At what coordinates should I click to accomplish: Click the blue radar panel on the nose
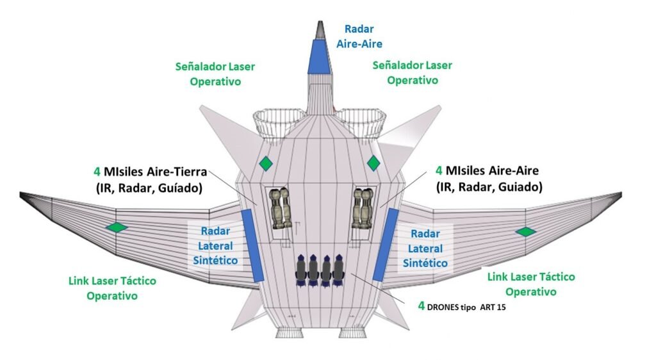tap(318, 55)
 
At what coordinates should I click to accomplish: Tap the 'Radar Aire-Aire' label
tap(359, 37)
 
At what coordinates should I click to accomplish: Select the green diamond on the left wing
tap(117, 227)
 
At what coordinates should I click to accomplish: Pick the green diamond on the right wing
tap(525, 231)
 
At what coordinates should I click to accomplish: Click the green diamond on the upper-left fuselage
tap(265, 163)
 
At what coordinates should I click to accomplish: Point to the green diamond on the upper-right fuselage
tap(373, 163)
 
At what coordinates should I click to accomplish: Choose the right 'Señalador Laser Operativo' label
tap(412, 72)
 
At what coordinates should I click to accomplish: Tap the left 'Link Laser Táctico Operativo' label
tap(112, 288)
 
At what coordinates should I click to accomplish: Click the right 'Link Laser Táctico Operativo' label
tap(531, 284)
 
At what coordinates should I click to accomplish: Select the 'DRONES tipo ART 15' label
tap(465, 306)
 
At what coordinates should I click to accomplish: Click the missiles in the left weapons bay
tap(279, 209)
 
